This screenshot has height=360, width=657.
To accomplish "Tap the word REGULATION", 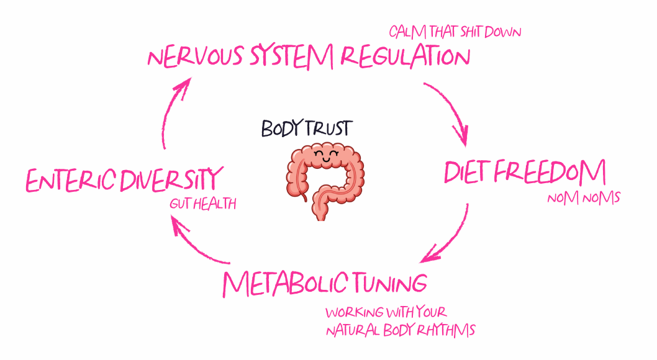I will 406,58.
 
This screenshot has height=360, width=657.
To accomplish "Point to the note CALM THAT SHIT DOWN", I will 455,31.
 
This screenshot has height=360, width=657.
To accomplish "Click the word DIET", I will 467,172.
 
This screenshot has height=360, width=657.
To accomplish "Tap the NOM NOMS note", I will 584,199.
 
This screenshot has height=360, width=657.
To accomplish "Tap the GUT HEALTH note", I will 203,204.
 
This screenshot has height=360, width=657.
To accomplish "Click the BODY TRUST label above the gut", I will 306,129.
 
